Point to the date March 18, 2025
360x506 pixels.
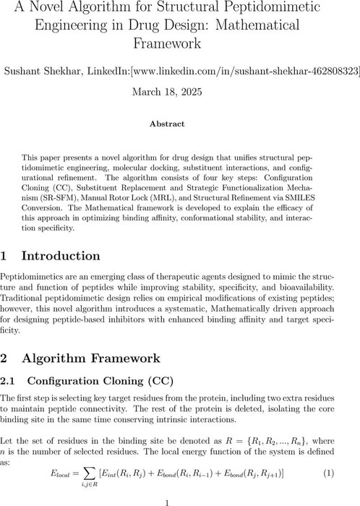[x=180, y=92]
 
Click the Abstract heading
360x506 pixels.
[x=180, y=124]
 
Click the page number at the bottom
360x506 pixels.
[x=180, y=501]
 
